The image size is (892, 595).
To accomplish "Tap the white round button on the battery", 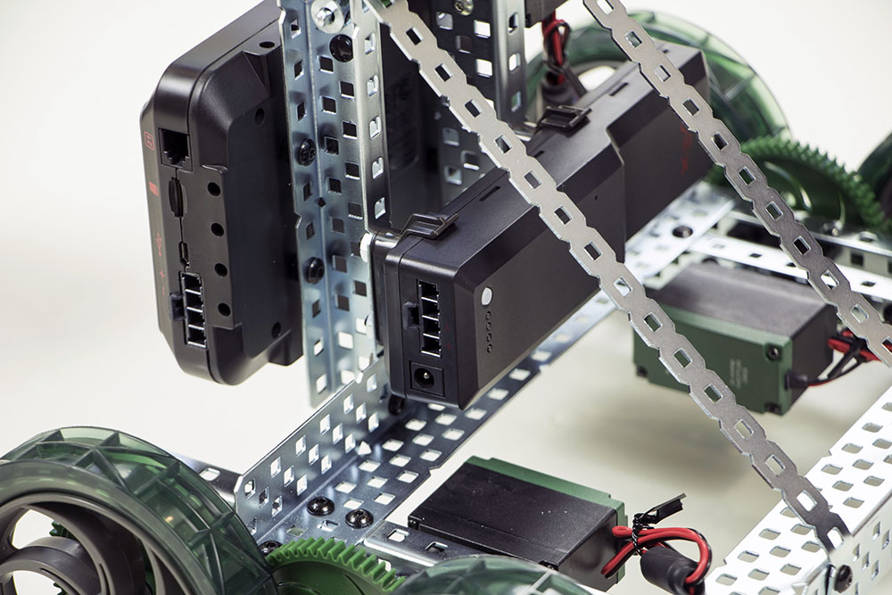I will click(x=487, y=294).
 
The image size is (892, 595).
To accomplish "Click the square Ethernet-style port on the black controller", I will click(x=172, y=147).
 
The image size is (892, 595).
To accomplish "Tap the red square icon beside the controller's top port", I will click(x=150, y=140).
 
